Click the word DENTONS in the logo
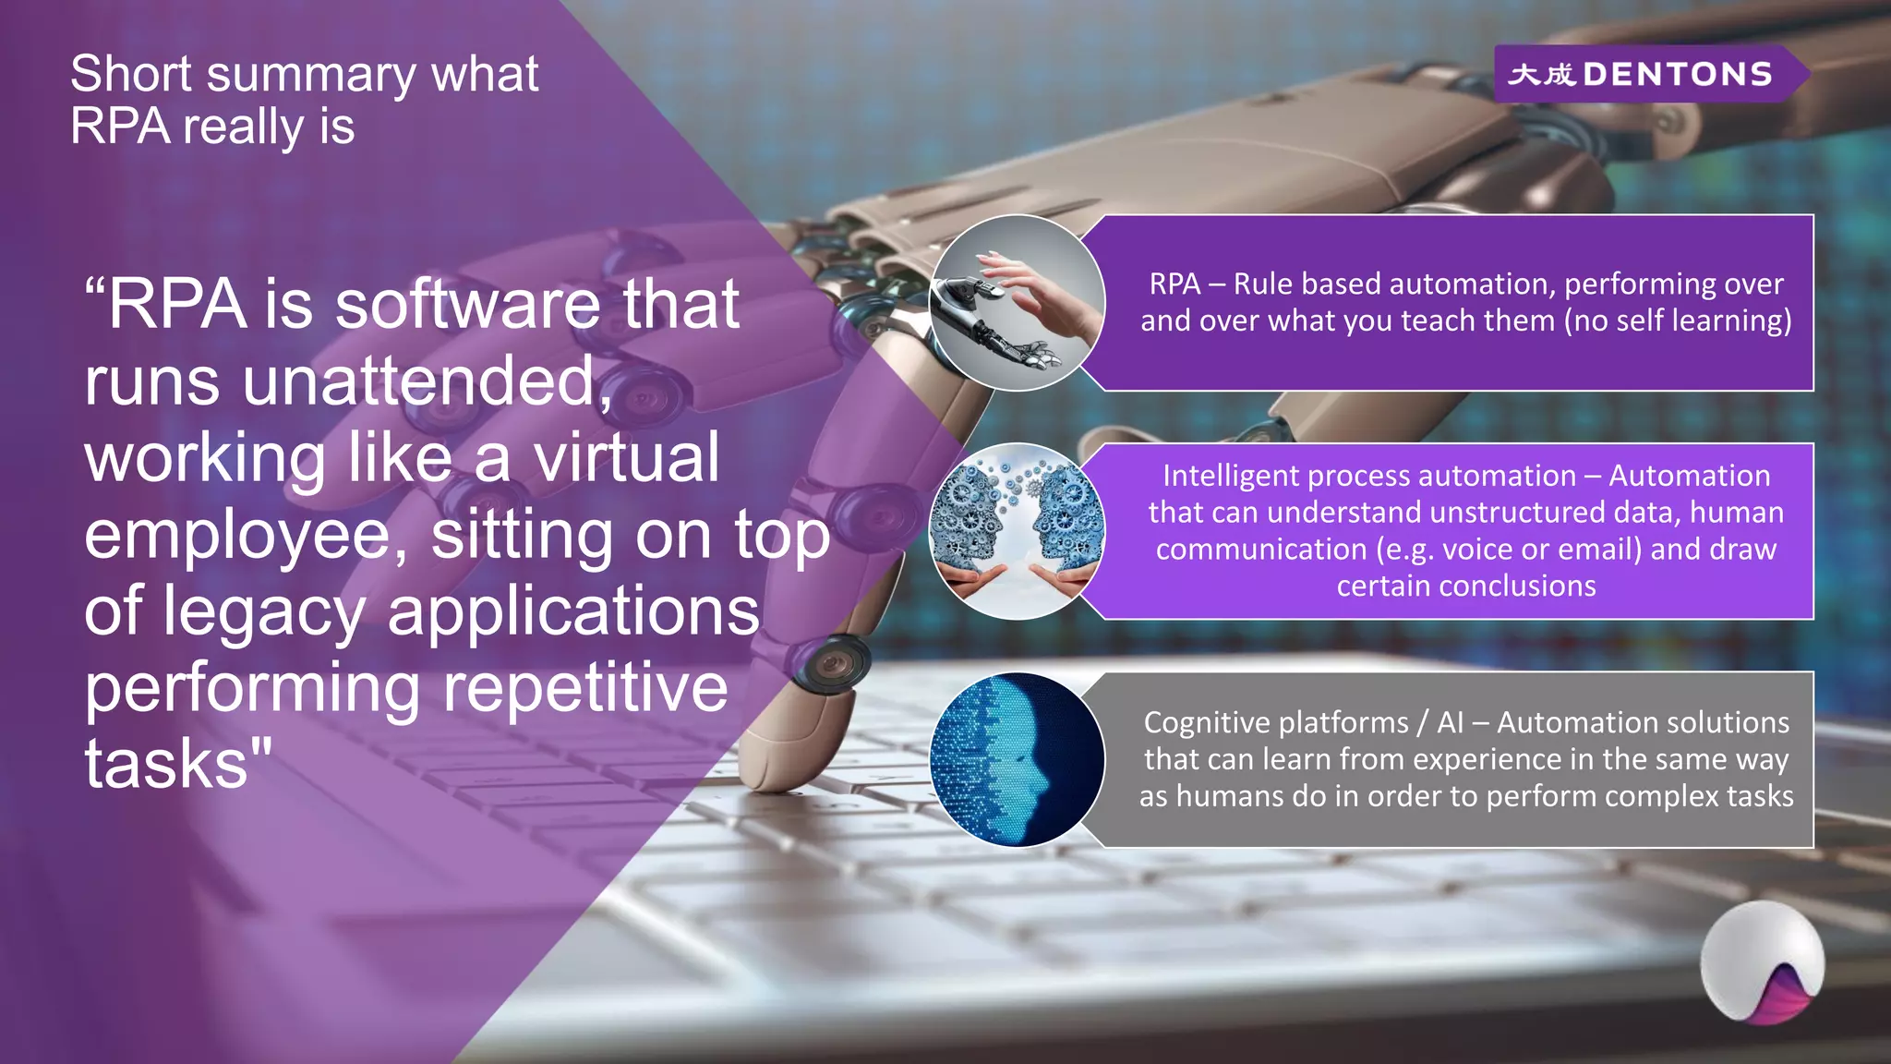pyautogui.click(x=1678, y=74)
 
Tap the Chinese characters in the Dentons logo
pyautogui.click(x=1540, y=74)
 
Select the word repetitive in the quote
pyautogui.click(x=585, y=689)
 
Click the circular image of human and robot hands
pyautogui.click(x=1017, y=303)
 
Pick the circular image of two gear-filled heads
pyautogui.click(x=1017, y=531)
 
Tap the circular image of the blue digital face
pyautogui.click(x=1017, y=759)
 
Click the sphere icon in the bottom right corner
pyautogui.click(x=1762, y=962)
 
